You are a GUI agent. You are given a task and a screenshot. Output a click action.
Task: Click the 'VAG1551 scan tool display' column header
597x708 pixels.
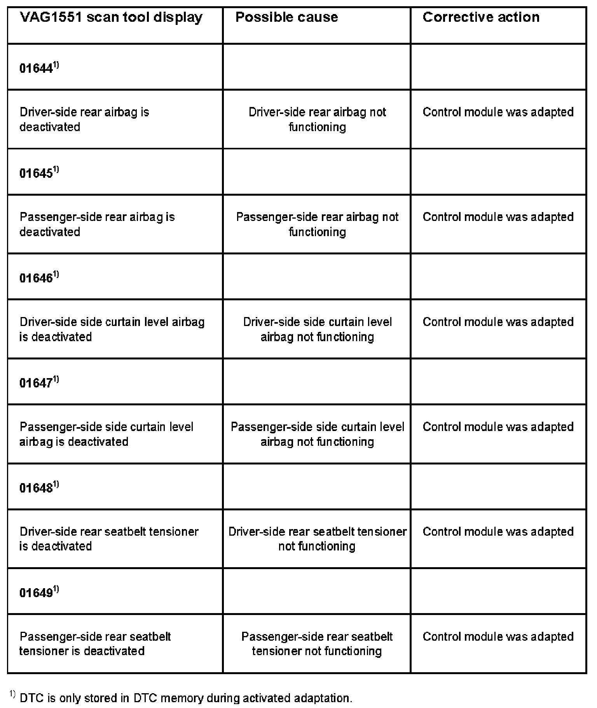(x=111, y=18)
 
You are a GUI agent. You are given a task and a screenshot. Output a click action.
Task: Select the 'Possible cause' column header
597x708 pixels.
(x=286, y=18)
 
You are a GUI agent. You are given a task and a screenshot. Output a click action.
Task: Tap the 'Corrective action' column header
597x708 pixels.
(x=481, y=18)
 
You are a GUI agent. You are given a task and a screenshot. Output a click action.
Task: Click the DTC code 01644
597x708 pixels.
(x=36, y=68)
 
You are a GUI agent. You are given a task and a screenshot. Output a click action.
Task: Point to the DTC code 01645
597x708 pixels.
(x=36, y=173)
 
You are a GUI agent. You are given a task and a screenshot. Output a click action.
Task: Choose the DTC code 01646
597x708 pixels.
(x=36, y=278)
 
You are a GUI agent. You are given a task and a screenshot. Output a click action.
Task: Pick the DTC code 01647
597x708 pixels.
(x=36, y=383)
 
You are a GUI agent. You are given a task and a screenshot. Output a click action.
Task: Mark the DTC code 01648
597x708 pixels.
(x=36, y=488)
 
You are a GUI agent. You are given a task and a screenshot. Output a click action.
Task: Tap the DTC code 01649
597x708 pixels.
(x=36, y=593)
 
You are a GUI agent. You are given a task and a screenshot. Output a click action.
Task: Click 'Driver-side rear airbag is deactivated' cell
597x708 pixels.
(x=84, y=119)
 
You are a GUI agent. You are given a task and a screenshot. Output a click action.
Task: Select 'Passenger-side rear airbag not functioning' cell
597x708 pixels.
(x=317, y=224)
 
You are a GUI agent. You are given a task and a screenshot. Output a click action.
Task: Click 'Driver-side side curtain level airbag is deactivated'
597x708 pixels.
(x=112, y=329)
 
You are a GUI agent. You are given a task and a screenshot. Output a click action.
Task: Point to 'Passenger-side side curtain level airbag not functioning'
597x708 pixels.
(x=317, y=434)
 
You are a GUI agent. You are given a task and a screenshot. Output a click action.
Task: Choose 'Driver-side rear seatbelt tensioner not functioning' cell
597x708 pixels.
(x=317, y=539)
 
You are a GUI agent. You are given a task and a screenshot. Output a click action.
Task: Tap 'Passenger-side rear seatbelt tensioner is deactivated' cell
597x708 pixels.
(x=95, y=643)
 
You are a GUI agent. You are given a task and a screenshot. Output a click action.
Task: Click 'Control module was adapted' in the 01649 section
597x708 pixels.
(x=498, y=637)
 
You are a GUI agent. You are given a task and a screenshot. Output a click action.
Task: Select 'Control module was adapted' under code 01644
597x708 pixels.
(x=498, y=112)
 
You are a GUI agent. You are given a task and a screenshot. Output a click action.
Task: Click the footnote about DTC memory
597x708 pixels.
(x=181, y=697)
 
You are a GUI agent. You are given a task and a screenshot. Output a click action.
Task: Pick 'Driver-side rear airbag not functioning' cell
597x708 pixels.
(x=317, y=119)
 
